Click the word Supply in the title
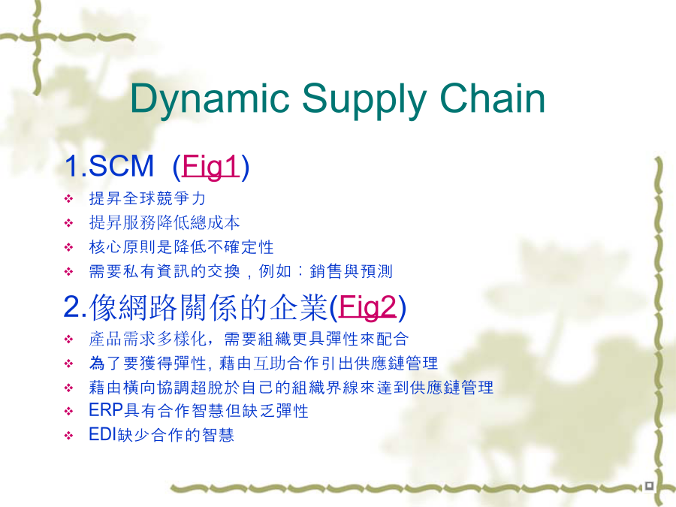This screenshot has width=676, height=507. coord(364,100)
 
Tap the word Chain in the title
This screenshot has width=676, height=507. coord(492,98)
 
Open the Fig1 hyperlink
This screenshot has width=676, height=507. coord(210,166)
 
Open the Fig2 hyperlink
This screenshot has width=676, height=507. coord(367,307)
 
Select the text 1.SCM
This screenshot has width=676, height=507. coord(109,165)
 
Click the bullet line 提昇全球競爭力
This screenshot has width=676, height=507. coord(147,198)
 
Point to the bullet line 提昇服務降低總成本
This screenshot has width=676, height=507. coord(164,223)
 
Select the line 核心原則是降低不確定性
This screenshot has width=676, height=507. coord(181,247)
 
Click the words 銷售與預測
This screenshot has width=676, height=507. coord(351,271)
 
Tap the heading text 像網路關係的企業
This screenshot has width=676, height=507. coord(208,307)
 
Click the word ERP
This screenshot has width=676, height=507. coord(106,410)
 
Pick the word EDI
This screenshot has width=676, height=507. coord(103,434)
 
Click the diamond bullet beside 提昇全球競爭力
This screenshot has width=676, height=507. coord(68,199)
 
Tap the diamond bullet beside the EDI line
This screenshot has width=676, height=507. coord(68,436)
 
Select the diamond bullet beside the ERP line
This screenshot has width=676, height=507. coord(68,412)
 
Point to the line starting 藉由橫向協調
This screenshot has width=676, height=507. coord(291,387)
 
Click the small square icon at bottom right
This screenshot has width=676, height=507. coord(649,486)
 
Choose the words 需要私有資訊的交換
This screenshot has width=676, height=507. coord(164,271)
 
